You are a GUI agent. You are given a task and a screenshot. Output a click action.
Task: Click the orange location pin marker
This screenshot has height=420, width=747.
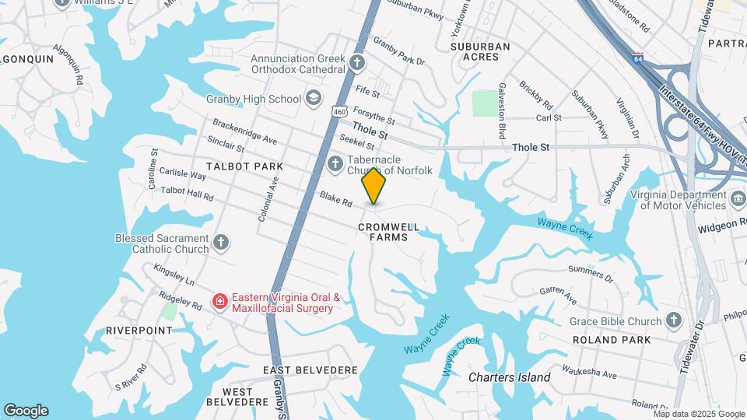[x=374, y=186]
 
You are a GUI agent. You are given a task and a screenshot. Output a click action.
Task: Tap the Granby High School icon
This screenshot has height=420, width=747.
[x=313, y=98]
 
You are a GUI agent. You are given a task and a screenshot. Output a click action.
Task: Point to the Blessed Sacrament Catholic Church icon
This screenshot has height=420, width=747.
[x=221, y=243]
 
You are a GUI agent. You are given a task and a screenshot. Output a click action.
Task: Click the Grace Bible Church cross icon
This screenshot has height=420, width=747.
[x=674, y=320]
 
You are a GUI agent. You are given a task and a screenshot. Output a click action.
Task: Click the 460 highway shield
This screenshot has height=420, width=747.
[x=339, y=112]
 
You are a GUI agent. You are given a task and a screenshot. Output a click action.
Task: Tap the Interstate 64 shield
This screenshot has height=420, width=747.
[x=638, y=58]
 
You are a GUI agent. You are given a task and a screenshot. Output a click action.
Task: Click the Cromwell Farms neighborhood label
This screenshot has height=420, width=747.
[x=389, y=232]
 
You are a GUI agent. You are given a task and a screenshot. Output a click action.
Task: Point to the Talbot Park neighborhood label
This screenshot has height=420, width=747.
[x=233, y=166]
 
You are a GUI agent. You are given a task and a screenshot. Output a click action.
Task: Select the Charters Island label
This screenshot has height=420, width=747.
[x=510, y=377]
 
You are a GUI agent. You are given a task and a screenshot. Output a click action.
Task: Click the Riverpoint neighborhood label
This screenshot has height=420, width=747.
[x=139, y=331]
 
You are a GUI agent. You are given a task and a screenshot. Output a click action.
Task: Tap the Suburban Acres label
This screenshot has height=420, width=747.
[x=480, y=51]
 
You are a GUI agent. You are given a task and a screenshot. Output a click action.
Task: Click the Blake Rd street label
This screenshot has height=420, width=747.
[x=337, y=201]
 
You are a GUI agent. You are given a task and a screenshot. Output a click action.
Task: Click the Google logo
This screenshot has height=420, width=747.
[x=26, y=411]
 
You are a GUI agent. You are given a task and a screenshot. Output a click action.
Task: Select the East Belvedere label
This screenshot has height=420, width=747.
[x=310, y=369]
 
